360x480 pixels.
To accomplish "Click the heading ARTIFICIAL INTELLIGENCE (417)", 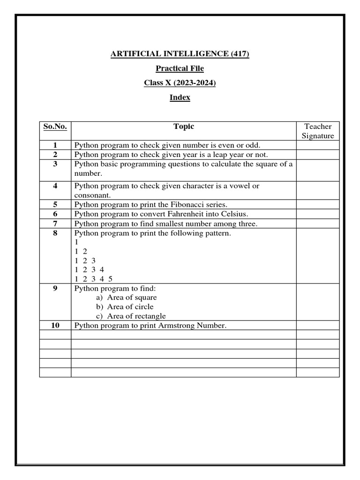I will click(x=180, y=54).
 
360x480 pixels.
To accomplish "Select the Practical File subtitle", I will click(x=180, y=68).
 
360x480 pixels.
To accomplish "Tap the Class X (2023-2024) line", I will click(x=180, y=83).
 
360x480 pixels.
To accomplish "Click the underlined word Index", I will click(x=180, y=97).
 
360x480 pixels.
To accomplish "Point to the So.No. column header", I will click(x=55, y=127).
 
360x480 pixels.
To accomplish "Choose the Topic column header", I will click(x=184, y=126).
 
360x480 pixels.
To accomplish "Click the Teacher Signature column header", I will click(x=318, y=131).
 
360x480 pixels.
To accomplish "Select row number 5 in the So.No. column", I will click(x=55, y=204).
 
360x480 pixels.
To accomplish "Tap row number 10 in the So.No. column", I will click(x=55, y=325).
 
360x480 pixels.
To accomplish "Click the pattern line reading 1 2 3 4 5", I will click(x=94, y=278).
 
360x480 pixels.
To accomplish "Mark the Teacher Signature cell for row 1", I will click(x=318, y=145).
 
